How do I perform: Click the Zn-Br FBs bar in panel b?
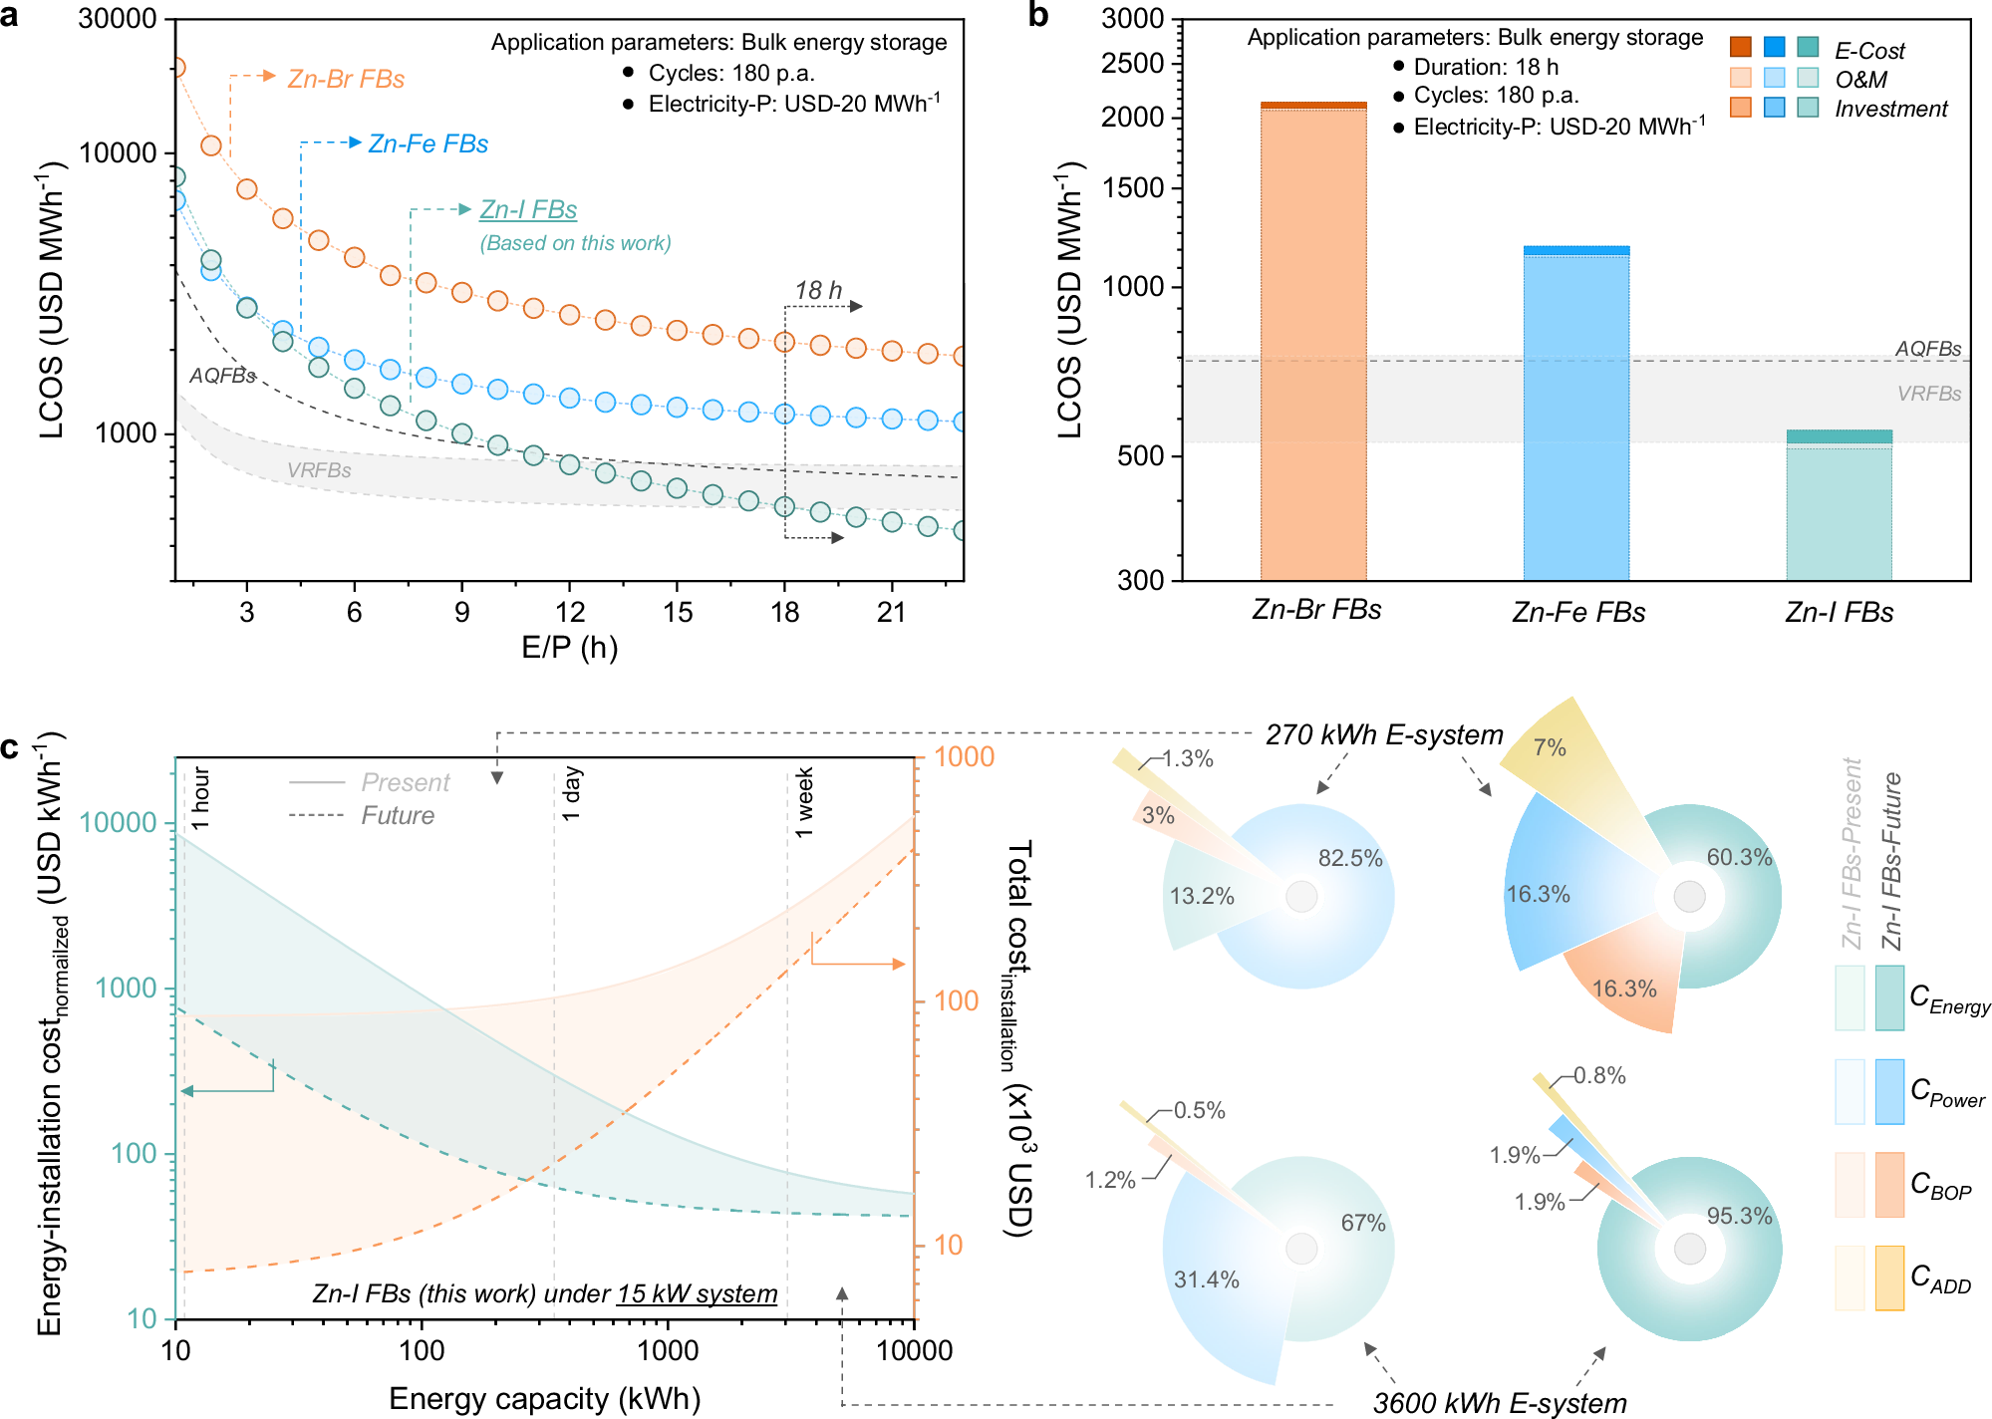(1312, 339)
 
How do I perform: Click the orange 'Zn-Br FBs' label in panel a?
(346, 79)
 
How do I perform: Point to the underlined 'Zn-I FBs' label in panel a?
(528, 209)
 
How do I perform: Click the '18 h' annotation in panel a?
(818, 290)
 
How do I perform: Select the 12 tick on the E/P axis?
(570, 612)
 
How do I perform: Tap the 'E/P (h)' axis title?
(570, 648)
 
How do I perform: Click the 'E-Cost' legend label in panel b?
(1869, 51)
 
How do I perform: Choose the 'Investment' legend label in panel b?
(1890, 109)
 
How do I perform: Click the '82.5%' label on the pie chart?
(1350, 858)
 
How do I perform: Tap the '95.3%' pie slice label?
(1739, 1216)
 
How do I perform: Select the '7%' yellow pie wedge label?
(1550, 747)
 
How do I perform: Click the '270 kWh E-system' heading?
(1384, 734)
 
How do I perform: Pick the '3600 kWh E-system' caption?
(1499, 1403)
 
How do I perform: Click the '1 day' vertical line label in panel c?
(571, 794)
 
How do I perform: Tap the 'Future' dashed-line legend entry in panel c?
(398, 815)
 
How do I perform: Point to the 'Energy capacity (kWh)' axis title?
(544, 1398)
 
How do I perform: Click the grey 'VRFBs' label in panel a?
(319, 470)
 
